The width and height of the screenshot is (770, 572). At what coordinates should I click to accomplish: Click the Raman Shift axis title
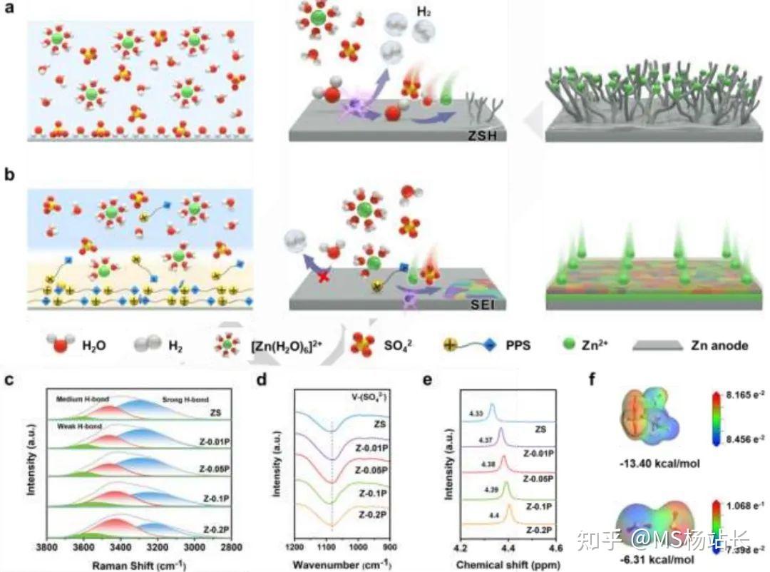coord(139,564)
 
